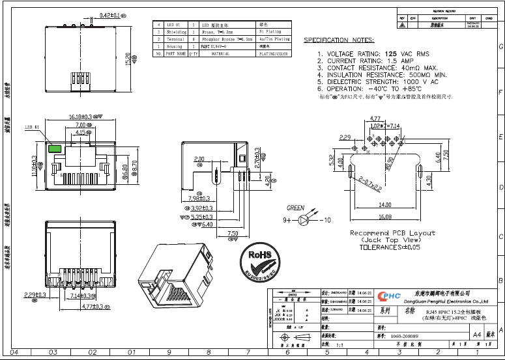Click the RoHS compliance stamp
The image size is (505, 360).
point(259,260)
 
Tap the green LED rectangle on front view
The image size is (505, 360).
point(55,148)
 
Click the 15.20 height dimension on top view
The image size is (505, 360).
point(128,60)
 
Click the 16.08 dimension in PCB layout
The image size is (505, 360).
point(385,217)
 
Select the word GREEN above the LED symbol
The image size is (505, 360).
point(296,208)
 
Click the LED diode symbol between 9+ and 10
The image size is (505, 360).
point(302,221)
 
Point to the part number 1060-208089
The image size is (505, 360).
point(404,336)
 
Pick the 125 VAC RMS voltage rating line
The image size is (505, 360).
point(373,53)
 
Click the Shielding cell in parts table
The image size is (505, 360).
point(176,31)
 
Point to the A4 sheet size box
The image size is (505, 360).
point(476,334)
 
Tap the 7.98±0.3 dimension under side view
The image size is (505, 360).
point(199,199)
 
